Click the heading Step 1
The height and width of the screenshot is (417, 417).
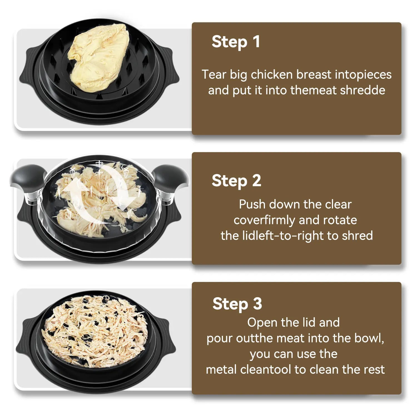(x=236, y=42)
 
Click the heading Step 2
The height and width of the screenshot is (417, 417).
(x=237, y=181)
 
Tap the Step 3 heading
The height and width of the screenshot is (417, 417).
(x=237, y=304)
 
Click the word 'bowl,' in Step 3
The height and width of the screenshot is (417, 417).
(x=369, y=338)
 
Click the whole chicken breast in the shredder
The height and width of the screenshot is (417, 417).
(x=99, y=57)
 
